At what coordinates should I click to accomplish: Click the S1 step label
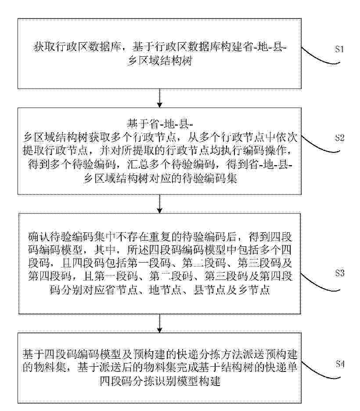coord(339,49)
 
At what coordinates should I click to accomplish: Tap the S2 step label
coord(339,138)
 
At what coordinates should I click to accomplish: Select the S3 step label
coord(339,274)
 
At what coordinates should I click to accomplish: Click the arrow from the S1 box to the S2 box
coord(159,98)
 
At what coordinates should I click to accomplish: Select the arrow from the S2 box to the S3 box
coord(159,204)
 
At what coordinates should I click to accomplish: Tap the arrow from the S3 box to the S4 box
coord(159,324)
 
